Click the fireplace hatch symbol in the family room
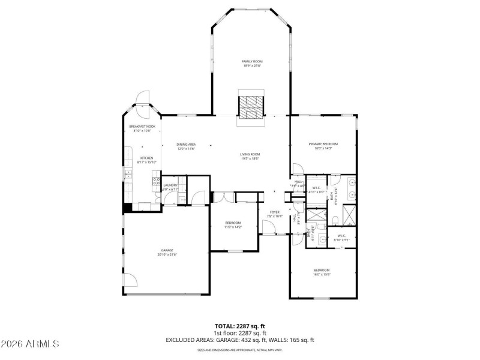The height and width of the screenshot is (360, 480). coord(250,106)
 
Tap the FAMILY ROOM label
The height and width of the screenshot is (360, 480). coord(252,63)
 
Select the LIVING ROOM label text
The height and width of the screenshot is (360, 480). coord(250,156)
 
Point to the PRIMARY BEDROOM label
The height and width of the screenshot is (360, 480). coord(323,145)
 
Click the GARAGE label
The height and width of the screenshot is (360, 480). coord(167,252)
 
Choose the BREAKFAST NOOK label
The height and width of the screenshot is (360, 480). coord(142,128)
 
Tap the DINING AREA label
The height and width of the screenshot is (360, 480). coord(186,146)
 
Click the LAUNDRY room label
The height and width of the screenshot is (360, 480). coord(170,187)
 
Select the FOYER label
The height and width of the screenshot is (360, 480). coord(274,214)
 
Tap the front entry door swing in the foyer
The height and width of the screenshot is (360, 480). coord(268,227)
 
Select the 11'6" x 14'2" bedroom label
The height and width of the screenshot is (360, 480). coord(233,224)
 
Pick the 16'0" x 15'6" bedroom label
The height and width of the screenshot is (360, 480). coord(322,272)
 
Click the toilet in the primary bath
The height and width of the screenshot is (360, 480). coord(334,179)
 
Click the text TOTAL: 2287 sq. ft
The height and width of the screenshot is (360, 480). coord(240,326)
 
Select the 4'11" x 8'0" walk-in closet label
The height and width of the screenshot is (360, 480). coord(316,190)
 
